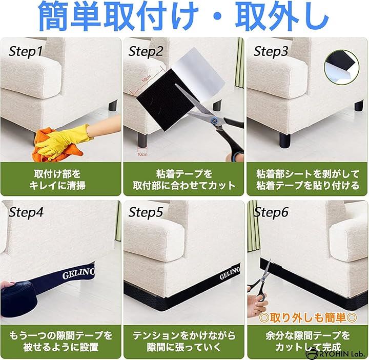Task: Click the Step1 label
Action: pyautogui.click(x=26, y=51)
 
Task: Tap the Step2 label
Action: pyautogui.click(x=146, y=51)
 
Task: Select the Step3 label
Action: pyautogui.click(x=271, y=51)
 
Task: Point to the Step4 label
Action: pyautogui.click(x=26, y=212)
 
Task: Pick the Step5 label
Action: pyautogui.click(x=146, y=212)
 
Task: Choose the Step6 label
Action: pyautogui.click(x=271, y=212)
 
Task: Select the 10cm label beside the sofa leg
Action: pyautogui.click(x=142, y=154)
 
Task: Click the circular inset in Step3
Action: pyautogui.click(x=342, y=67)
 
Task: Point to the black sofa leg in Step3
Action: pyautogui.click(x=285, y=140)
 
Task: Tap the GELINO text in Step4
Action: pyautogui.click(x=78, y=273)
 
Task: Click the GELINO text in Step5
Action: pyautogui.click(x=230, y=273)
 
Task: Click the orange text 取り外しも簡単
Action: pyautogui.click(x=308, y=317)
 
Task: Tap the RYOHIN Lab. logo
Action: pyautogui.click(x=335, y=353)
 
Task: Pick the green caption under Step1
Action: pyautogui.click(x=60, y=179)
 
